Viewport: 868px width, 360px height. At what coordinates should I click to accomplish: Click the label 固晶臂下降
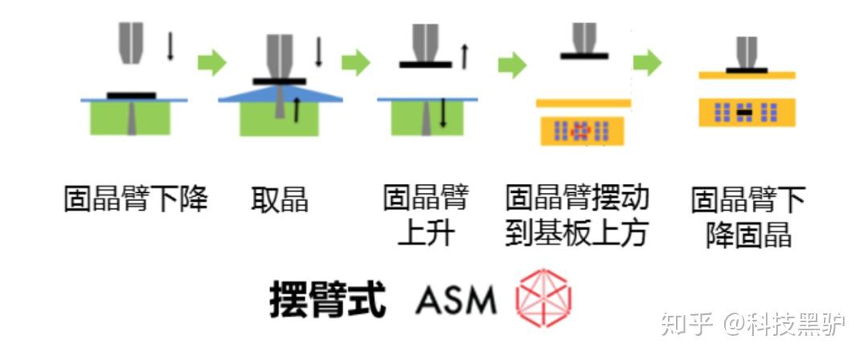coord(136,198)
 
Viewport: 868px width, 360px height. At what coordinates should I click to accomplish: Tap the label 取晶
coord(279,198)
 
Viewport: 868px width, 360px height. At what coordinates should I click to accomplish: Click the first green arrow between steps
coord(211,63)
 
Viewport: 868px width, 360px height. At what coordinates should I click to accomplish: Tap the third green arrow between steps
coord(511,64)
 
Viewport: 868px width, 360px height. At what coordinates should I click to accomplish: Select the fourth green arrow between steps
coord(647,63)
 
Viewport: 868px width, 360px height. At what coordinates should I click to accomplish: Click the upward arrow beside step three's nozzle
coord(464,55)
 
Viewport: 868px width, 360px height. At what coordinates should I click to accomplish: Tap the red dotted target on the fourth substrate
coord(580,129)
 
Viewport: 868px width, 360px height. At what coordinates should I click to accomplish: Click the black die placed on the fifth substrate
coord(747,112)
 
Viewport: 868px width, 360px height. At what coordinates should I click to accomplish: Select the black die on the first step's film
coord(131,95)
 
